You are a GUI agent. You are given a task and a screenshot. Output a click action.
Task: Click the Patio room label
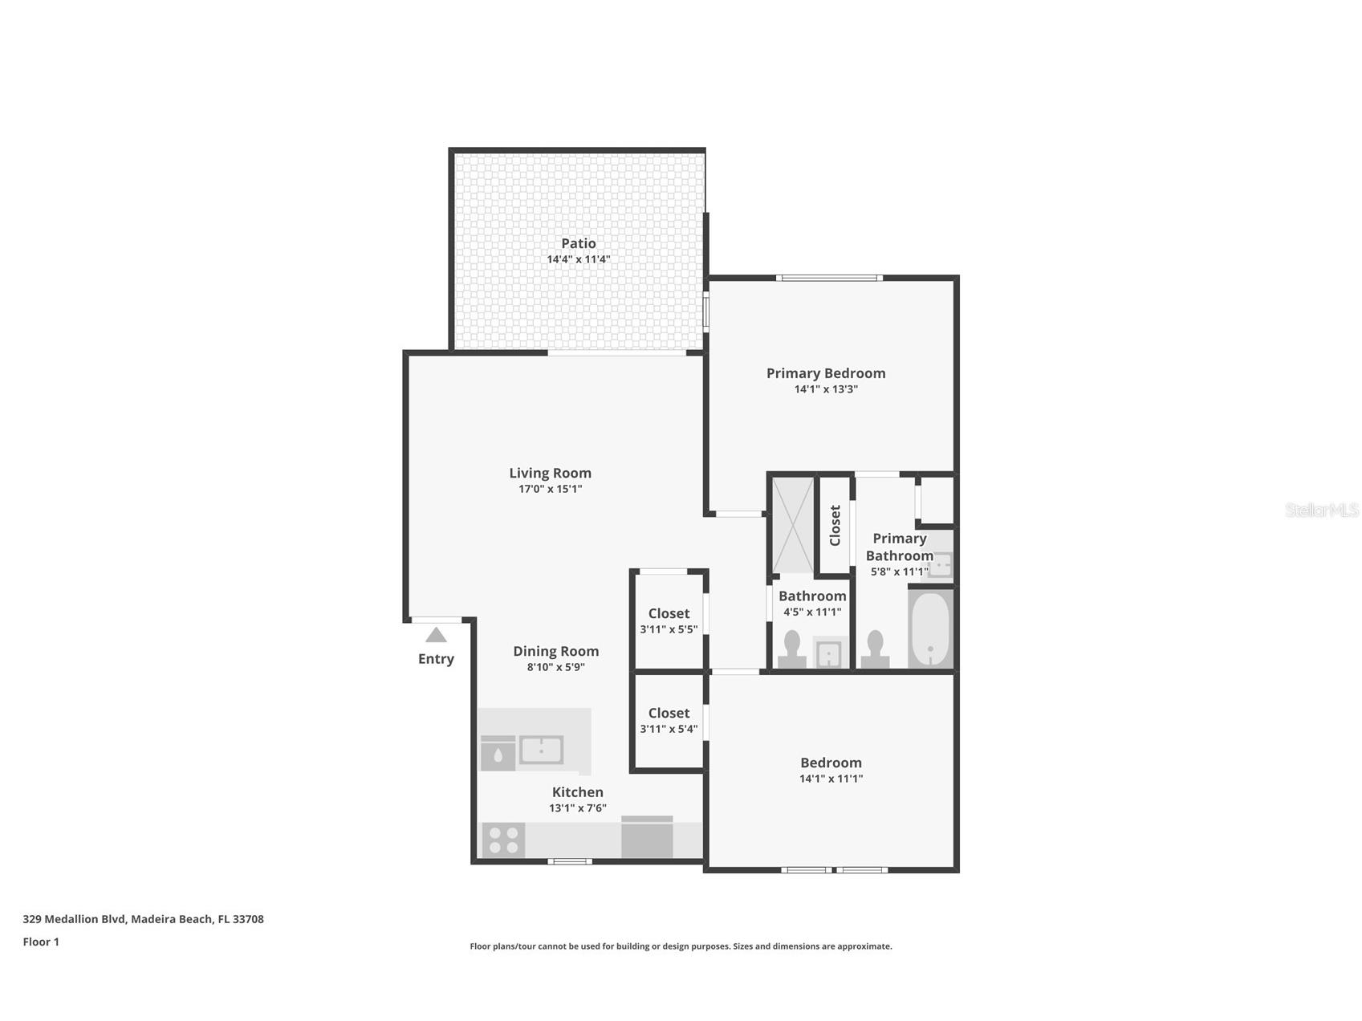(x=578, y=243)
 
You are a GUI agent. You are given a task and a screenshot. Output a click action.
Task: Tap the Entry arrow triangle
(x=436, y=635)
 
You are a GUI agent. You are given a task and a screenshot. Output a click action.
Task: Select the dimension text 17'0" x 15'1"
(x=550, y=489)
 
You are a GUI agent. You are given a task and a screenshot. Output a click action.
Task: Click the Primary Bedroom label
(x=825, y=373)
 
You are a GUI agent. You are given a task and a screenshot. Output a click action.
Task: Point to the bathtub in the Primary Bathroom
(x=930, y=628)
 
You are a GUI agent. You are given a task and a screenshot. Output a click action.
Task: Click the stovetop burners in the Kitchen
(x=503, y=840)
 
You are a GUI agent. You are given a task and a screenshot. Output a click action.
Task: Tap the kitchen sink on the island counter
(x=541, y=750)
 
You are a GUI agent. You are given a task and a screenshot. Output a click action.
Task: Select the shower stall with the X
(x=792, y=525)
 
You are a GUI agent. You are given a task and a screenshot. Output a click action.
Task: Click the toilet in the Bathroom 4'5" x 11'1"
(x=791, y=649)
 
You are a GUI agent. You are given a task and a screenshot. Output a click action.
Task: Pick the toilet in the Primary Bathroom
(x=875, y=649)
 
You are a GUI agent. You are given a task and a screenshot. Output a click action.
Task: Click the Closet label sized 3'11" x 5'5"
(x=669, y=613)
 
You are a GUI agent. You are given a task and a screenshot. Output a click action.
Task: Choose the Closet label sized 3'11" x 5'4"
(x=669, y=713)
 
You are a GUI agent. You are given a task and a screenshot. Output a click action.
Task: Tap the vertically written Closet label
(x=835, y=525)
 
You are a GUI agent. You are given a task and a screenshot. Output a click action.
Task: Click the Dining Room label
(x=555, y=651)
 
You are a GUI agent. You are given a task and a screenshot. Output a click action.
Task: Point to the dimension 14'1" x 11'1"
(x=831, y=779)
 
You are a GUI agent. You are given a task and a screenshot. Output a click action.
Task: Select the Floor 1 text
(x=41, y=942)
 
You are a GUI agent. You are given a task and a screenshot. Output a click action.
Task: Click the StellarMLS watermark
(x=1321, y=510)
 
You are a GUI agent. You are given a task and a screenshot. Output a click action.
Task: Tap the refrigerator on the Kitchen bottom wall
(x=647, y=838)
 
